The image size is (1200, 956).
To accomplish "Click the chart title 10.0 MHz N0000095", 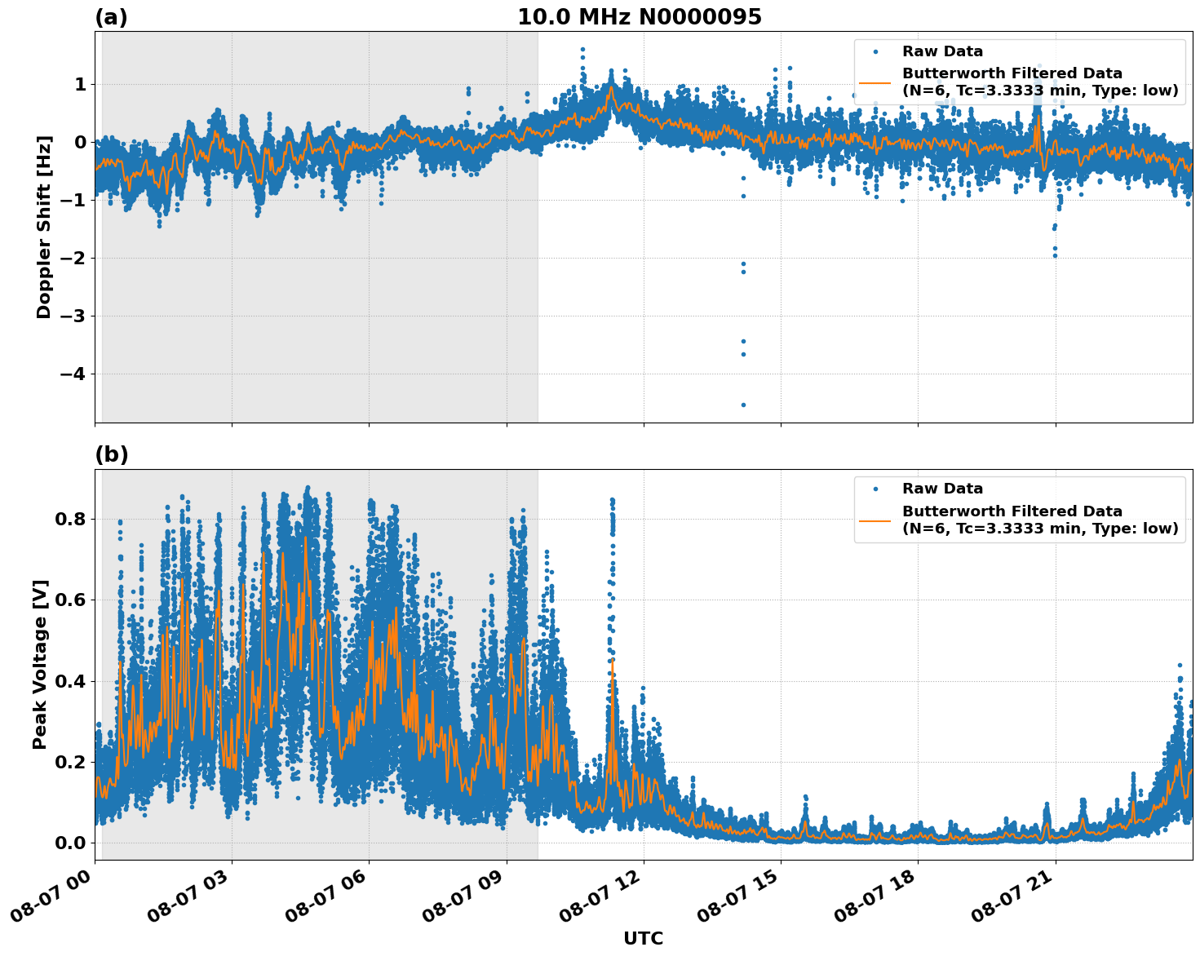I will click(639, 17).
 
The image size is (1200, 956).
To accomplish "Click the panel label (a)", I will click(111, 17).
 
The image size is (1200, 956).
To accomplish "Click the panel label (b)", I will click(111, 454).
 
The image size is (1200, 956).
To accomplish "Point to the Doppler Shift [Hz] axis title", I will click(44, 227).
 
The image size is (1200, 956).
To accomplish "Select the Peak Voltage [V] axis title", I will click(40, 664).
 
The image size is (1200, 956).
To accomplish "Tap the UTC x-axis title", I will click(643, 938).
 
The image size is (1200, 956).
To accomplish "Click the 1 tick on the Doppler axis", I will click(80, 85).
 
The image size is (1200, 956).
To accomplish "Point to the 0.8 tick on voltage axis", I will click(71, 520).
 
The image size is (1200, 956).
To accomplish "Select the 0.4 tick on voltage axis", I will click(71, 681).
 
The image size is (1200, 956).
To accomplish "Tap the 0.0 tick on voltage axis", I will click(71, 843).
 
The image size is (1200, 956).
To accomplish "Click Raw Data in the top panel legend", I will click(942, 51).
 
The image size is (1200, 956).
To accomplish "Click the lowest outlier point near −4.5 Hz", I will click(743, 405).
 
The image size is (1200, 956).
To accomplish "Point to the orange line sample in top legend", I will click(875, 82).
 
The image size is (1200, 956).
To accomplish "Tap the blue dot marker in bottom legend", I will click(875, 489).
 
